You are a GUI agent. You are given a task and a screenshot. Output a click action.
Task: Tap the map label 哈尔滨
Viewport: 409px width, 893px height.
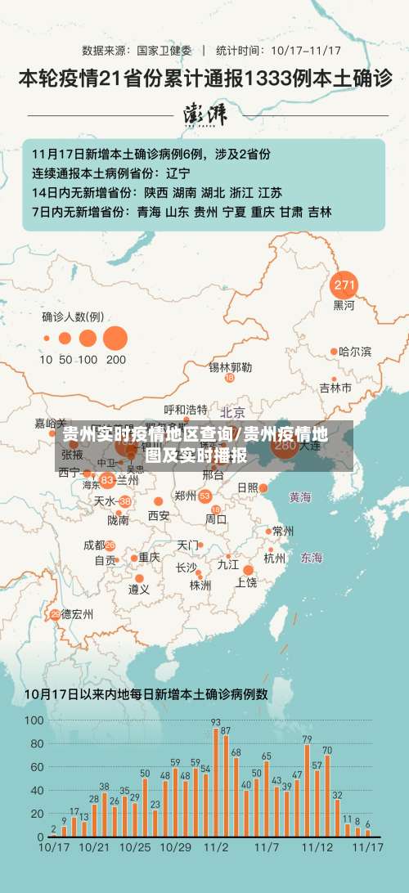pos(355,352)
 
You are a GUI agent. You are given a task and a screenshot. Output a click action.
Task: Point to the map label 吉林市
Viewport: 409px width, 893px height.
pos(335,387)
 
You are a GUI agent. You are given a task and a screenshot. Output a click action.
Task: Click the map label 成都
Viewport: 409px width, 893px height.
pos(94,545)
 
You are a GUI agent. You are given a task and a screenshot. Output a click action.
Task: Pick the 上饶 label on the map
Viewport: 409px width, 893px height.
pos(246,582)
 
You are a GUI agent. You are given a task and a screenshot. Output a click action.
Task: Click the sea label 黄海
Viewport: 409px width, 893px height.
pos(300,496)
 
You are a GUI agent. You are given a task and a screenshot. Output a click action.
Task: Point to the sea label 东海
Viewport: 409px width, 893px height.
pos(311,558)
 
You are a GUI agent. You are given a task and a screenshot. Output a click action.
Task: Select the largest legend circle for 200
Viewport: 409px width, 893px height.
pos(115,338)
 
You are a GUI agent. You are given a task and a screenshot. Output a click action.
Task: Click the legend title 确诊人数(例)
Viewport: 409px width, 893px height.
pos(73,316)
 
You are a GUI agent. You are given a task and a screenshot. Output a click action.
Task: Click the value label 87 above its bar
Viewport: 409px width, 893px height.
pos(226,729)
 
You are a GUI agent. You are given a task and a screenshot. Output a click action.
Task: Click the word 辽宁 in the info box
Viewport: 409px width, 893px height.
pos(178,173)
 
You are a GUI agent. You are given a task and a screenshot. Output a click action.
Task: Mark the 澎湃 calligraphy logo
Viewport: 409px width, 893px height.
pos(204,114)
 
